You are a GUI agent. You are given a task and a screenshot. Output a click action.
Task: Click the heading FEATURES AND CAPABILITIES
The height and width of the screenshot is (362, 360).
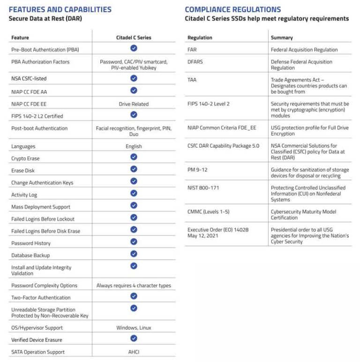60,9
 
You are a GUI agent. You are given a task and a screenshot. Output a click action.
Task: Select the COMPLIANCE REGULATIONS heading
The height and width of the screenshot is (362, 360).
233,9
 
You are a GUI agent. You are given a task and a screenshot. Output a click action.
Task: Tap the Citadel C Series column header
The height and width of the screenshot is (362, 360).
134,38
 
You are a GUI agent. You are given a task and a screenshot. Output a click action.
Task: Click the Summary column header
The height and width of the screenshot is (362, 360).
282,38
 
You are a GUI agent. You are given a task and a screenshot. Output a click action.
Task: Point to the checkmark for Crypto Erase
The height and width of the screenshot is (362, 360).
134,157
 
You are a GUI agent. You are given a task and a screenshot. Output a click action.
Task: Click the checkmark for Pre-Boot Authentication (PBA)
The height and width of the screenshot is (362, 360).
134,48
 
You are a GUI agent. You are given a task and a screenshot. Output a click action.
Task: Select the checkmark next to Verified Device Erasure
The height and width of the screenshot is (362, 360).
134,338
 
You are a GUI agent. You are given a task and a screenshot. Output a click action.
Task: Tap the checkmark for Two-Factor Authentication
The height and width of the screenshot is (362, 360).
134,296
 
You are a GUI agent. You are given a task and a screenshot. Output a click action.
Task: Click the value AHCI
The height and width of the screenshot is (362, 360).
134,352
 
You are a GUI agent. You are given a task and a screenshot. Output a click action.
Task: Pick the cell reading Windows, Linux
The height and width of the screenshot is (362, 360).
134,328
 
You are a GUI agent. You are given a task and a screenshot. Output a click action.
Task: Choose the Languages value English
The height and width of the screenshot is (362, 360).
134,146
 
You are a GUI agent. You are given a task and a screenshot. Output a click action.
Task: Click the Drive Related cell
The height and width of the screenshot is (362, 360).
134,104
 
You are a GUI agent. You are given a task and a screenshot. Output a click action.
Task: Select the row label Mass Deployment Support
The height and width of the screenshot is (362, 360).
41,207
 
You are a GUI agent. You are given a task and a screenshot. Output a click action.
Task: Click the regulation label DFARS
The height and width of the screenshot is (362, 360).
195,62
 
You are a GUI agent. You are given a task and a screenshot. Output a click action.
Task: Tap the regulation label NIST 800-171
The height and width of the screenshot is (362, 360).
203,188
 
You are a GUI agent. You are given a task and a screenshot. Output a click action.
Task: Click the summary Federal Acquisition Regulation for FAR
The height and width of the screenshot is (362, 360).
304,50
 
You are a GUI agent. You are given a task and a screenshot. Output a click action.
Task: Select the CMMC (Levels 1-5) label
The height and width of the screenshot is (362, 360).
209,212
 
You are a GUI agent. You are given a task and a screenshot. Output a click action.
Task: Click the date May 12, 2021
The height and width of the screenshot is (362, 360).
203,236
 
